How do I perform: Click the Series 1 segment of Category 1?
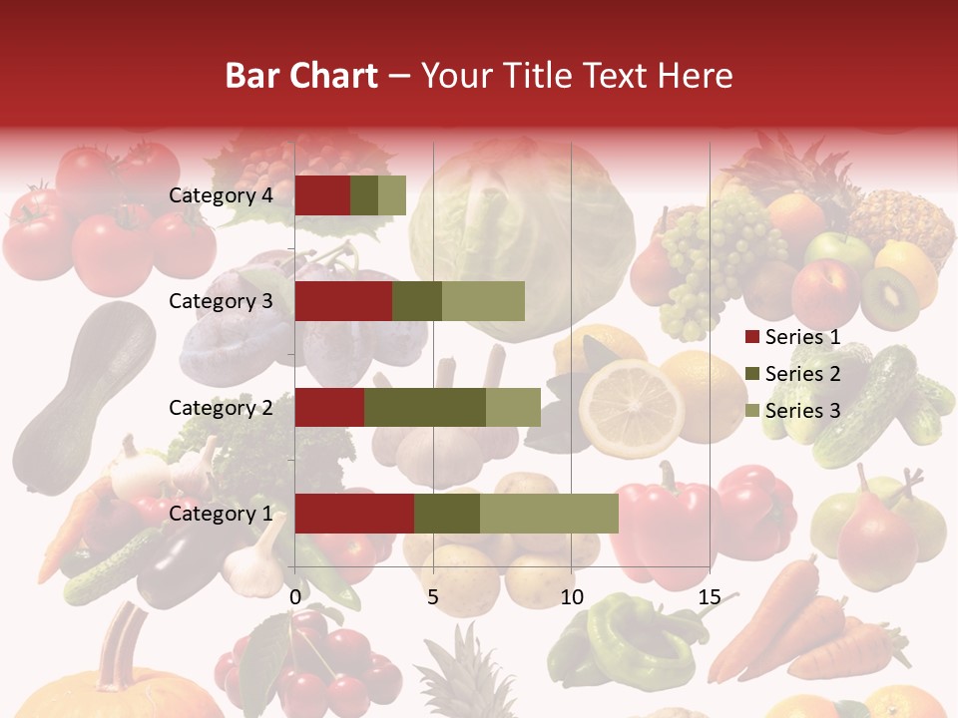[x=354, y=513]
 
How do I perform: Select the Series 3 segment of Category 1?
[x=549, y=513]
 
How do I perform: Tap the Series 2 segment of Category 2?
[x=425, y=407]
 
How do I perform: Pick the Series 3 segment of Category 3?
[x=483, y=301]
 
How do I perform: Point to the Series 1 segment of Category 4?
[x=322, y=195]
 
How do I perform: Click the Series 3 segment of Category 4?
[x=392, y=195]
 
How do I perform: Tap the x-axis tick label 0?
[x=295, y=597]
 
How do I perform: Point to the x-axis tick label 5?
[x=433, y=597]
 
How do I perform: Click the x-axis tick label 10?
[x=571, y=597]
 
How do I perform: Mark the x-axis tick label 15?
[x=709, y=597]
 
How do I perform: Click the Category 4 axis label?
[x=221, y=195]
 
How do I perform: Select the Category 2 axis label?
[x=221, y=407]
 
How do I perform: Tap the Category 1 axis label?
[x=221, y=514]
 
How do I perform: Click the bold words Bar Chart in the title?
[x=301, y=75]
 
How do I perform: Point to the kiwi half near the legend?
[x=891, y=296]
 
